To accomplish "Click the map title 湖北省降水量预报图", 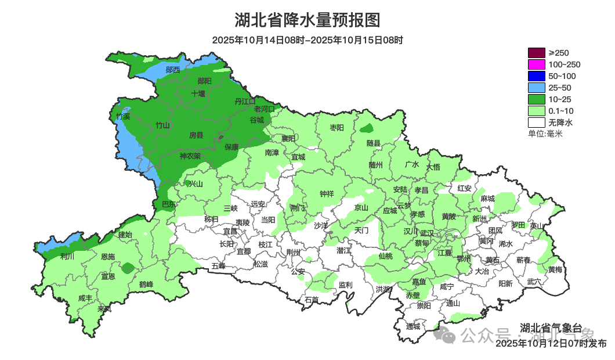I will coord(307,20).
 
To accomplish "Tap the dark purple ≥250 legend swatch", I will coord(536,53).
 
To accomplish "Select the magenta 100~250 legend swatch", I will coord(536,64).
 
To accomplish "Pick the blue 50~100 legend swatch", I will coord(536,76).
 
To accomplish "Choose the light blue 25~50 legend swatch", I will coord(536,88).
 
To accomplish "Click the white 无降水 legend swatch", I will coord(536,123).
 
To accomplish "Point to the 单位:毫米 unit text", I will coord(545,134).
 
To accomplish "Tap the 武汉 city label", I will coord(427,232).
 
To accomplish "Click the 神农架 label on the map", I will coord(190,156).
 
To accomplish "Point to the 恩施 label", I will coord(108,257).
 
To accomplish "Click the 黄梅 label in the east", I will coord(555,270).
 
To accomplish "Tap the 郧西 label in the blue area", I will coord(172,70).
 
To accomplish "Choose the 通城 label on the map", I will coord(413,326).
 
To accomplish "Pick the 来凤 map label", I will coord(104,309).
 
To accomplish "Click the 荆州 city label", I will coord(294,253).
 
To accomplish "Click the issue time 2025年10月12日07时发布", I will coord(551,344).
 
